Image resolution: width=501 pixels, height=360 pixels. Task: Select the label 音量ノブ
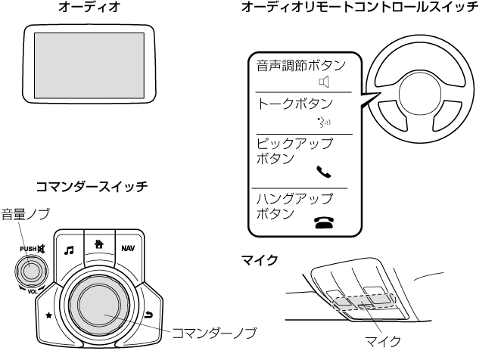(23, 214)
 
